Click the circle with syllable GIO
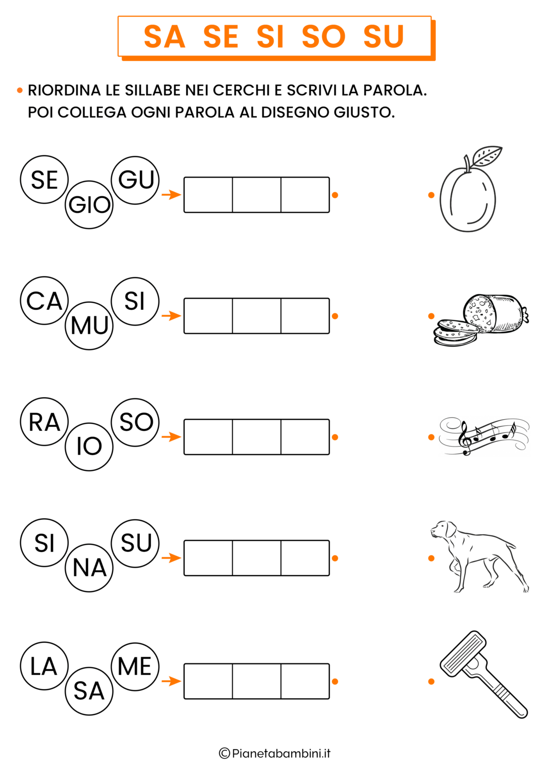click(89, 204)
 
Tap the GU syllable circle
click(135, 180)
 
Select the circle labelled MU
click(89, 325)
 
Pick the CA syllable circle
click(44, 300)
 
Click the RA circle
click(44, 421)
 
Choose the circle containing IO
click(89, 447)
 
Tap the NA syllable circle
click(89, 568)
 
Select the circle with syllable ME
click(135, 667)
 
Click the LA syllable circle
click(44, 666)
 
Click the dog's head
click(443, 530)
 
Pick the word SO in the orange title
click(323, 36)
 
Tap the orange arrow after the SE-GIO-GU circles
click(171, 195)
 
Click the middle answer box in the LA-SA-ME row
click(257, 681)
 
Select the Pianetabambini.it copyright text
click(275, 753)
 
